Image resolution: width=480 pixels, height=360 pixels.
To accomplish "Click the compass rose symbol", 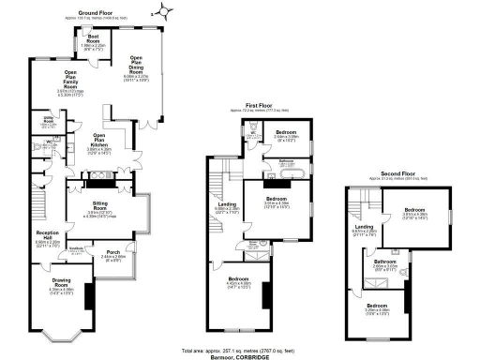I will coord(165,11).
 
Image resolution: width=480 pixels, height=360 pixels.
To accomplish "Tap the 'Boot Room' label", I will coord(93,40).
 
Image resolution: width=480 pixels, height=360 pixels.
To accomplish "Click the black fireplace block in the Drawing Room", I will coord(87,297).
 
